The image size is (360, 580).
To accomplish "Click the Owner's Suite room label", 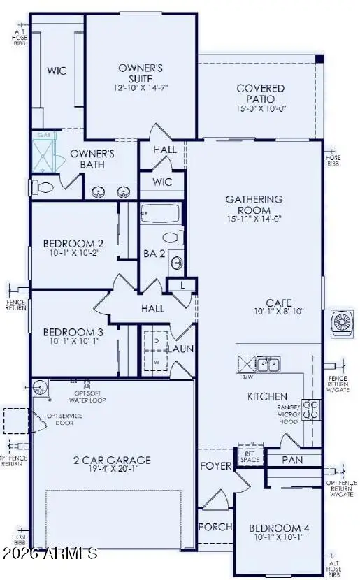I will point(140,73).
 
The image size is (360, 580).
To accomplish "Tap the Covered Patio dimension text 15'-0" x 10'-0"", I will point(260,109).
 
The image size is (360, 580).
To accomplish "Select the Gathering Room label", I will point(254,204).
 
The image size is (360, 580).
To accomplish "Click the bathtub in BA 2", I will point(160,213).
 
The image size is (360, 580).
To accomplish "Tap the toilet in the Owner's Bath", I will point(43,187).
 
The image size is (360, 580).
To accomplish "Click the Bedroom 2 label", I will point(73,243).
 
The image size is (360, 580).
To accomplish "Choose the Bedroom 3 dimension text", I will point(73,342).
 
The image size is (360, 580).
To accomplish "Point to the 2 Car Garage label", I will point(113,460).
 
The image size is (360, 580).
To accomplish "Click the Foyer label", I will point(215,465).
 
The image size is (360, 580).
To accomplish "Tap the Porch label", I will point(214,527).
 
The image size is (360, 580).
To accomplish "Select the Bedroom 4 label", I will point(278,528).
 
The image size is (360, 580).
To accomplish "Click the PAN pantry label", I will point(292,460).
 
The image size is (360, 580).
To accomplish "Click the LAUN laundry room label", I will point(184,348).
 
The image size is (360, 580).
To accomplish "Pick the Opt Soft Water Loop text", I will point(87,396).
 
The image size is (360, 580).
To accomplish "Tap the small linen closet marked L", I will point(183,284).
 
